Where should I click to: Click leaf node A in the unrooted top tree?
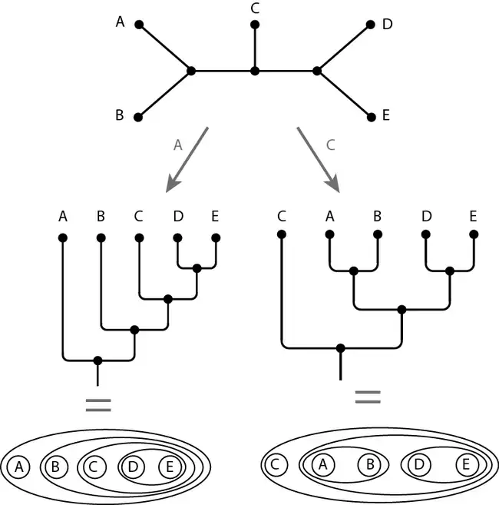click(x=140, y=25)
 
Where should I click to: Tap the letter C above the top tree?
click(x=255, y=8)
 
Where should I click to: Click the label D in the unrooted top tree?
click(x=387, y=25)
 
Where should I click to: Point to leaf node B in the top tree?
click(x=139, y=118)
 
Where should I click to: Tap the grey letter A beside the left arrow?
click(x=178, y=144)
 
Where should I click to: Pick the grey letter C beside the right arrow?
click(x=330, y=144)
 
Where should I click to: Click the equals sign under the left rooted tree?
click(x=97, y=405)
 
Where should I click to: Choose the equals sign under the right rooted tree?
click(x=367, y=397)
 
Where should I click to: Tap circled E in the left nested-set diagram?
click(x=170, y=466)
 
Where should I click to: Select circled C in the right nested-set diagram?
click(x=279, y=464)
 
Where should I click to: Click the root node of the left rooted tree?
click(x=97, y=360)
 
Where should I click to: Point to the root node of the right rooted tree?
click(x=340, y=347)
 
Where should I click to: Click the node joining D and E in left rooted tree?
click(x=197, y=268)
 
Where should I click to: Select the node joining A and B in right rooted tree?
click(x=354, y=271)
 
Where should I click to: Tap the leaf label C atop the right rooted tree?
click(x=282, y=216)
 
